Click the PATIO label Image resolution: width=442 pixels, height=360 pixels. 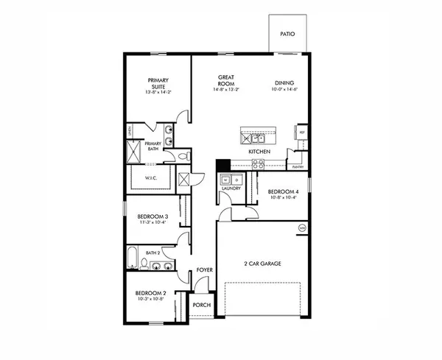pyautogui.click(x=288, y=35)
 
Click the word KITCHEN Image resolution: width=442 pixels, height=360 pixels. pyautogui.click(x=259, y=152)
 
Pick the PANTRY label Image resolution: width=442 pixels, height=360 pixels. pyautogui.click(x=298, y=167)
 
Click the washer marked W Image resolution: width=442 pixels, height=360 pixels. pyautogui.click(x=224, y=179)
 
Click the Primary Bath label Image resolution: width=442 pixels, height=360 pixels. pyautogui.click(x=153, y=146)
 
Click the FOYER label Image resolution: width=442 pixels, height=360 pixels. pyautogui.click(x=205, y=270)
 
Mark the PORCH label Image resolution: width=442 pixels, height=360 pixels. pyautogui.click(x=202, y=304)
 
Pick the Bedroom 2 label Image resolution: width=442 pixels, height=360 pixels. pyautogui.click(x=150, y=296)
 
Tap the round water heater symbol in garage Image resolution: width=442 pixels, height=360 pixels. pyautogui.click(x=301, y=228)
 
